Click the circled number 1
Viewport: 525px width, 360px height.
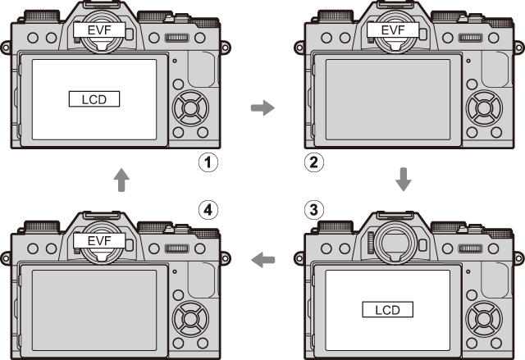(208, 162)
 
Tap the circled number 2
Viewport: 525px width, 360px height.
(314, 162)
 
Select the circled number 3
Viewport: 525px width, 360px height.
(314, 210)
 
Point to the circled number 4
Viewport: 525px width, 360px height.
(208, 210)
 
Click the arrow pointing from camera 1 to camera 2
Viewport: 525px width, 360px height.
(262, 107)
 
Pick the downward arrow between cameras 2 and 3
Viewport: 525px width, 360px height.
(404, 180)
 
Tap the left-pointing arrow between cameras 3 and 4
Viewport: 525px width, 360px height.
(262, 260)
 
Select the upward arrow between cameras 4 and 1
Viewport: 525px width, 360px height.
(121, 180)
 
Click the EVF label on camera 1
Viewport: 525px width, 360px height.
(99, 30)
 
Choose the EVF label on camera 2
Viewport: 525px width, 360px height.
(393, 30)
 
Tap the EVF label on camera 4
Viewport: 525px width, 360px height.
(99, 241)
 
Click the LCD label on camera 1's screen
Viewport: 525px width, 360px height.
(94, 99)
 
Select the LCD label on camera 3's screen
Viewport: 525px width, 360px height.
(388, 309)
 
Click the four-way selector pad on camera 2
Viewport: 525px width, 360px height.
(484, 108)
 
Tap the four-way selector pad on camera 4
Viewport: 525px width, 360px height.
(190, 318)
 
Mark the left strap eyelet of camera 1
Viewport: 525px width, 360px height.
(6, 48)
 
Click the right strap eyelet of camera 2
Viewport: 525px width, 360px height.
(519, 48)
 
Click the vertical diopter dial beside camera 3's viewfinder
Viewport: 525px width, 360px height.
(370, 243)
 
